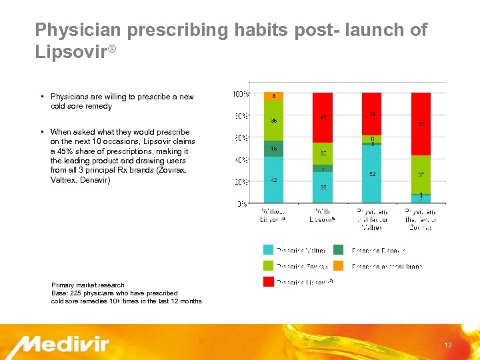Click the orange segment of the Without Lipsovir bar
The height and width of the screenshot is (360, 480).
[x=274, y=97]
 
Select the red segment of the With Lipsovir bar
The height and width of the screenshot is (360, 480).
[x=323, y=117]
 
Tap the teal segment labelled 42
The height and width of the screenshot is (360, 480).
[x=274, y=179]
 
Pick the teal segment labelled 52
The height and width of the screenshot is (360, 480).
[x=371, y=174]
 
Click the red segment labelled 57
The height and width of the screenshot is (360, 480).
[x=421, y=123]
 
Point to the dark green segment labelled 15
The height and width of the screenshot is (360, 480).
[x=274, y=149]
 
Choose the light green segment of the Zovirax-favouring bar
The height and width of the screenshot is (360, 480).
[x=421, y=174]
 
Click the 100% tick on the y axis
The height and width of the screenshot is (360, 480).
[x=241, y=93]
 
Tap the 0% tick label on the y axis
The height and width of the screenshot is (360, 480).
[x=242, y=203]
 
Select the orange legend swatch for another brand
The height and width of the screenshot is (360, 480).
[x=339, y=266]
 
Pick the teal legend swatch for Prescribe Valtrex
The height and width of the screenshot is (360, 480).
[x=268, y=250]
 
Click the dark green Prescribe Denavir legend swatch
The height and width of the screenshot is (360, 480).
[x=339, y=250]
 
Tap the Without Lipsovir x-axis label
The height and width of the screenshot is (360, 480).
[x=273, y=214]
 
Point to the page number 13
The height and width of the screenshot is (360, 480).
[x=448, y=345]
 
